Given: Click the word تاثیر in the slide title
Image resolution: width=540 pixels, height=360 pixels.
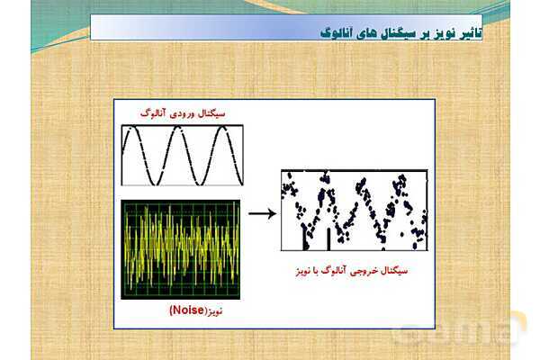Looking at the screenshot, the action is coord(471,32).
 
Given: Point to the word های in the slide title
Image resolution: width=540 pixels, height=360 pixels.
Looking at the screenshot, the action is coord(365,33).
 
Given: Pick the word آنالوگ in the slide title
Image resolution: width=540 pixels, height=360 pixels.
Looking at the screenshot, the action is coord(336,33).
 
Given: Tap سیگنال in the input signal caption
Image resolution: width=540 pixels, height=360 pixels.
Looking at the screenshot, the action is coord(211,113).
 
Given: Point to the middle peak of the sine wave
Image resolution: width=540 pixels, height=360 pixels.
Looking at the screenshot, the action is coord(177,128).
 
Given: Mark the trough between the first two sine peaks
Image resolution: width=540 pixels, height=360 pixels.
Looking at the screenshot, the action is coord(156,184).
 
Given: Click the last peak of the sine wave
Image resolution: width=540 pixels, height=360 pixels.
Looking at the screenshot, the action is coord(222,128).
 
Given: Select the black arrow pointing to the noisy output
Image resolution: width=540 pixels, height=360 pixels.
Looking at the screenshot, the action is coord(263,213).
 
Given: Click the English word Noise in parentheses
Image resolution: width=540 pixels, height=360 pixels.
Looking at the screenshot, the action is coord(188,310).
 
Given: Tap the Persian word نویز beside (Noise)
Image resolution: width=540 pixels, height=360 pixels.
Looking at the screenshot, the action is coord(214,311).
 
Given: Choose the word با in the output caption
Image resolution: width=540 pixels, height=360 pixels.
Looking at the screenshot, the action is coord(314,271).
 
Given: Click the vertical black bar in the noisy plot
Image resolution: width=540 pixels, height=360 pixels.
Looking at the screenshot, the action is coord(328,238).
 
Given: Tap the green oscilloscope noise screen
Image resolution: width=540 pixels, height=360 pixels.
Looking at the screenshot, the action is coord(181,249).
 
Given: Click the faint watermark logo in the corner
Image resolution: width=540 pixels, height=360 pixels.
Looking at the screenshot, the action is coord(462,329).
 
